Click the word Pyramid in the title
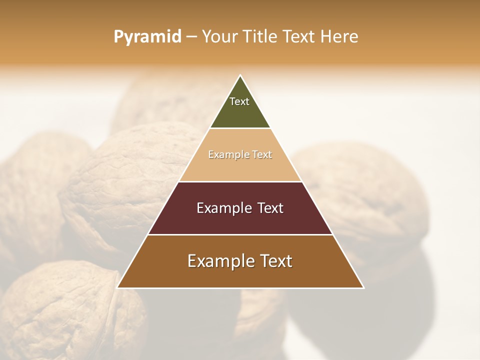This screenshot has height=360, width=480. (x=147, y=37)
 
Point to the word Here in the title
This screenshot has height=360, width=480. (x=339, y=37)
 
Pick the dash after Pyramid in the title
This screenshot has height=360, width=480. (x=191, y=37)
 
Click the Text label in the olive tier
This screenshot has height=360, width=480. (x=239, y=101)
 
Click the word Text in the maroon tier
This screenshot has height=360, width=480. (x=270, y=208)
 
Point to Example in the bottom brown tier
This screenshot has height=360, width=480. (x=218, y=261)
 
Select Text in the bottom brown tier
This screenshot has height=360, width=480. (x=275, y=261)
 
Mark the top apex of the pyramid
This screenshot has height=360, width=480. (x=240, y=75)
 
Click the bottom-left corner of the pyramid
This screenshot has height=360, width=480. (x=117, y=287)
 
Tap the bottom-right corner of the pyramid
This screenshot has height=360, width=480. (x=363, y=287)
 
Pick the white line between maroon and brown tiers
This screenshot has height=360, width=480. (x=240, y=234)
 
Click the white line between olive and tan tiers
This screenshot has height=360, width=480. (x=240, y=128)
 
